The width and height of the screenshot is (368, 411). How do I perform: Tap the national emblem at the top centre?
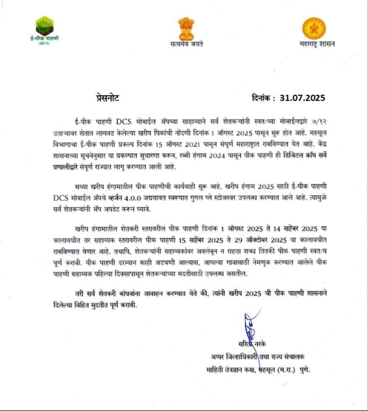tap(186, 29)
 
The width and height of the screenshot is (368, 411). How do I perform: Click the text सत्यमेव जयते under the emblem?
tap(187, 45)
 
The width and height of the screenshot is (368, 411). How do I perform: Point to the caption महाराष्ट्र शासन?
tap(317, 45)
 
